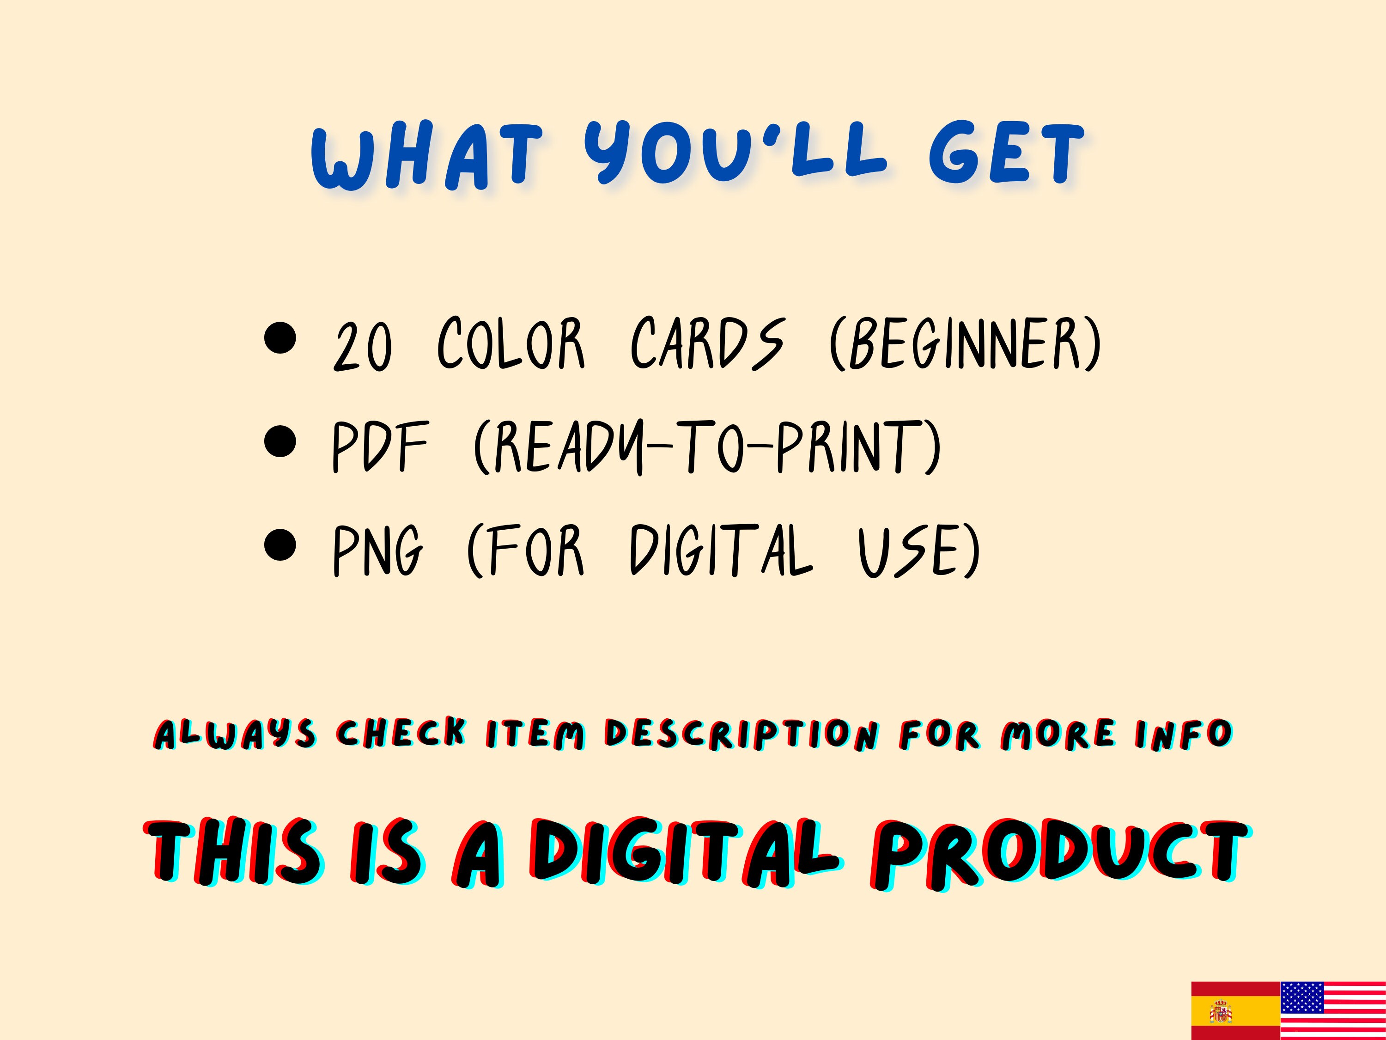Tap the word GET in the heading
click(1006, 155)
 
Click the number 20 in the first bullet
click(363, 347)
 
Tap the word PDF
click(380, 447)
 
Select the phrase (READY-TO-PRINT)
click(707, 447)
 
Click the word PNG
click(378, 551)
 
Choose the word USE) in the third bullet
click(918, 551)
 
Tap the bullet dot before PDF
click(280, 441)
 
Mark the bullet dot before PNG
click(280, 545)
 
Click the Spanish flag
click(1235, 1010)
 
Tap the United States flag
click(1333, 1010)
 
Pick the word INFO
click(1183, 734)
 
